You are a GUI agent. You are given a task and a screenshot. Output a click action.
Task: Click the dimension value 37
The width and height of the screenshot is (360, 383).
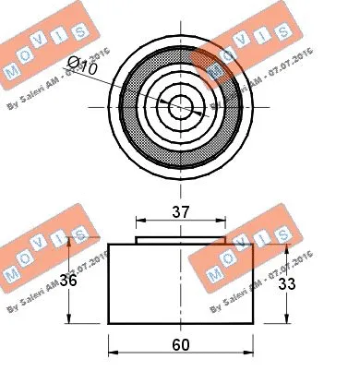pyautogui.click(x=181, y=211)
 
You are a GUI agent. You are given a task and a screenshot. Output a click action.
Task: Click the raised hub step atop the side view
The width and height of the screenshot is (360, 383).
pyautogui.click(x=182, y=239)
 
